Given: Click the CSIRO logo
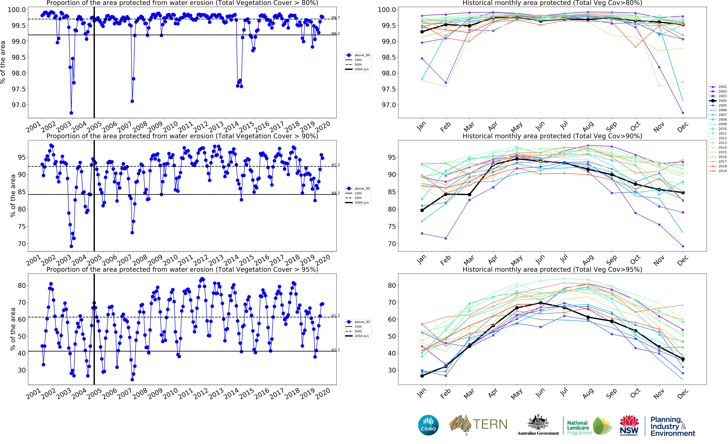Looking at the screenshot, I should tap(428, 425).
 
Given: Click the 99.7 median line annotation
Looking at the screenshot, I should tap(335, 18).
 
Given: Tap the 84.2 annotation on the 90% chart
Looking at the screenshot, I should tap(335, 193).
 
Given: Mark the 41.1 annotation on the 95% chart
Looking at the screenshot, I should tap(335, 350).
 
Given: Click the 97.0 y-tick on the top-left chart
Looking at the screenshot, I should tap(19, 105).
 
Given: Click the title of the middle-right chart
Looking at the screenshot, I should tap(552, 136).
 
